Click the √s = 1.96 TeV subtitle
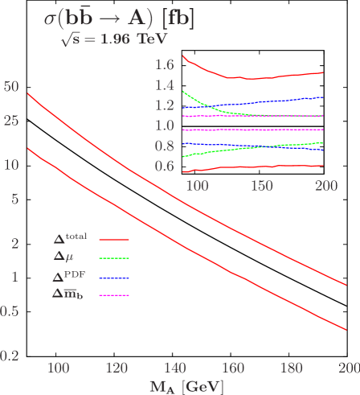[100, 39]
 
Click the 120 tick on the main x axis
[116, 368]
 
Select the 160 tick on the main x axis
[232, 368]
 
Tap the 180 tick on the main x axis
[290, 368]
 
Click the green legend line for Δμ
[114, 258]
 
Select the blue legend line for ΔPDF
[114, 277]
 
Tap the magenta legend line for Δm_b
[114, 295]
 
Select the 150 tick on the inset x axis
[261, 185]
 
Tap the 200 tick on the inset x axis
[325, 185]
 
